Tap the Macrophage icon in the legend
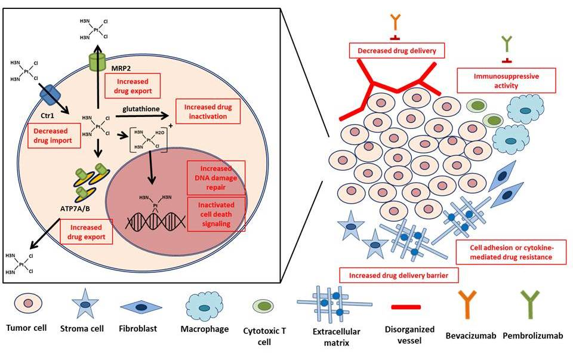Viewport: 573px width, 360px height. coord(204,305)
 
